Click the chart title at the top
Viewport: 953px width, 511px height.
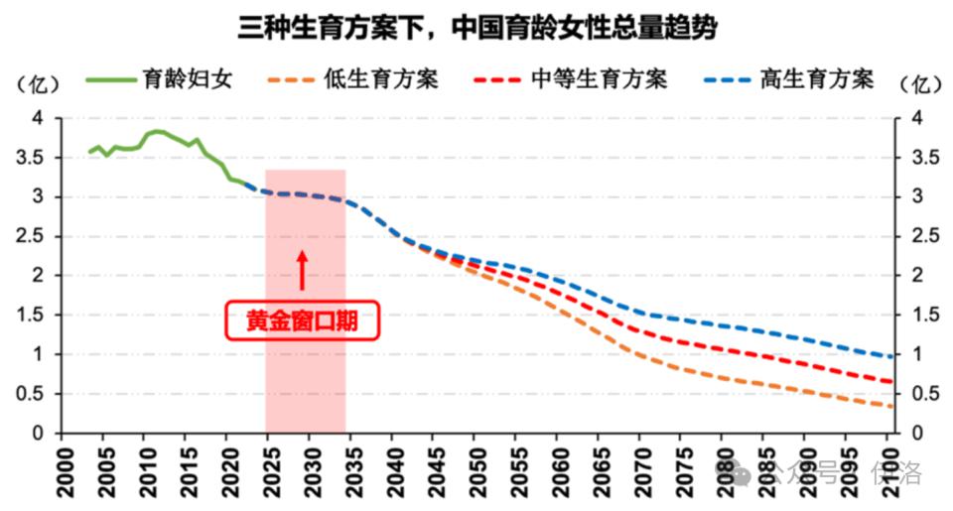(x=476, y=27)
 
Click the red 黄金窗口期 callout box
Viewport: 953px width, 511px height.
(x=303, y=320)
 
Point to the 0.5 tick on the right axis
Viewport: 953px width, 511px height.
(x=919, y=394)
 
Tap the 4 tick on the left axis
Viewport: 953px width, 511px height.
(x=40, y=118)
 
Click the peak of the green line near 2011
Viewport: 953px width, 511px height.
(x=157, y=131)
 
